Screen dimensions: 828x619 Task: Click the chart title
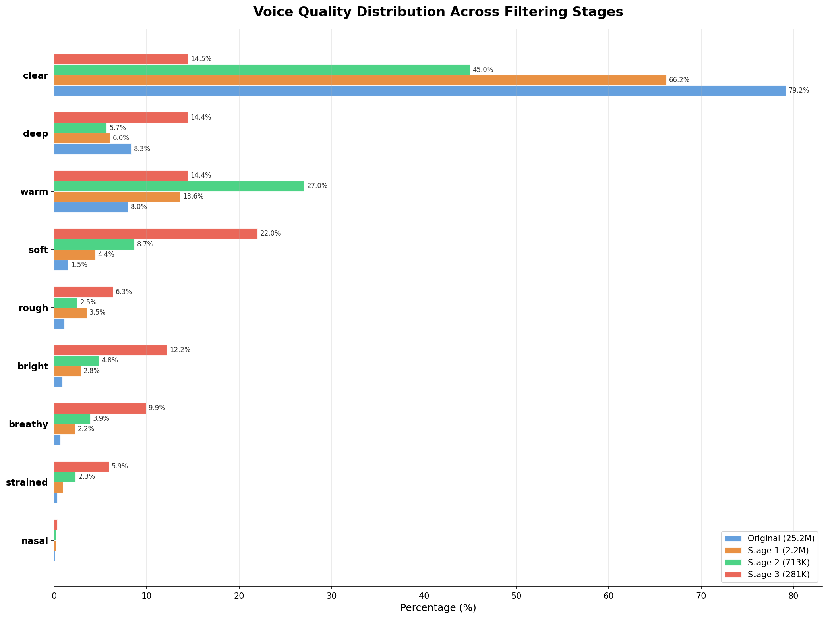[438, 12]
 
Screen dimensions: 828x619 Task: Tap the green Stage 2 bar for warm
[179, 186]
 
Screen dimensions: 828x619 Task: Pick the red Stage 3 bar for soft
[156, 234]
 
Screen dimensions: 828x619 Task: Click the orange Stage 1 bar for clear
[360, 80]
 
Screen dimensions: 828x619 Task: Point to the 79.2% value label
[799, 91]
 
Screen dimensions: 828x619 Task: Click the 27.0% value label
[317, 186]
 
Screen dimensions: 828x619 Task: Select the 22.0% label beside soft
[271, 234]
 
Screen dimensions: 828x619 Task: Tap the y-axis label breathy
[28, 424]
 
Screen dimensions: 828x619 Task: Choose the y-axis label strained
[27, 482]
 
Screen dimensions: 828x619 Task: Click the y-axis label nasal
[35, 541]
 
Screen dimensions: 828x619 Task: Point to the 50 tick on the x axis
[516, 596]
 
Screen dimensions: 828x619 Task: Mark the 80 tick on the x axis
[793, 596]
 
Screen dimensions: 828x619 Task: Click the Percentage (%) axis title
[438, 608]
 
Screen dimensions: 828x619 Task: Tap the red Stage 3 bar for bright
[110, 350]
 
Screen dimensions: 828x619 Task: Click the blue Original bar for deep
[93, 149]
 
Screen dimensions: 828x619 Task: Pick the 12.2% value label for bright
[180, 350]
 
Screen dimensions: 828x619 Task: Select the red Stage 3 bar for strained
[81, 466]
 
